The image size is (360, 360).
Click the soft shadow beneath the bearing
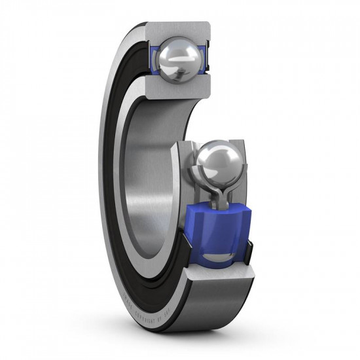click(x=196, y=340)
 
